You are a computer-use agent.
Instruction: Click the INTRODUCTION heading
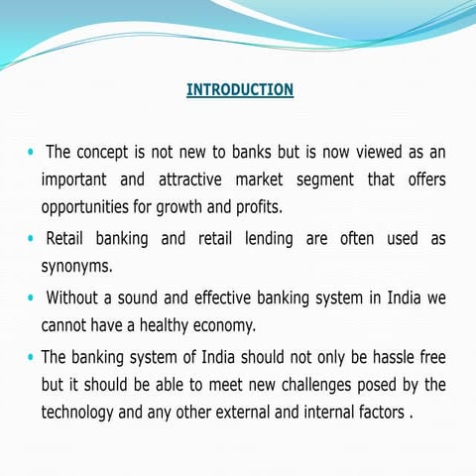(x=240, y=90)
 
